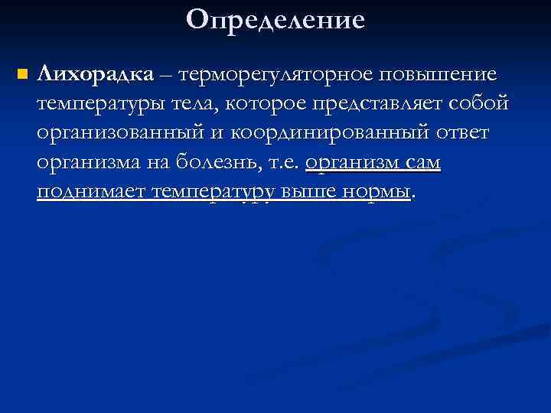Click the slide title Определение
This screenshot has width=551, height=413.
tap(275, 19)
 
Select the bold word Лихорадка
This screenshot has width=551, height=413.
tap(95, 74)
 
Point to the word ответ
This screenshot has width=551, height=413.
tap(463, 134)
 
